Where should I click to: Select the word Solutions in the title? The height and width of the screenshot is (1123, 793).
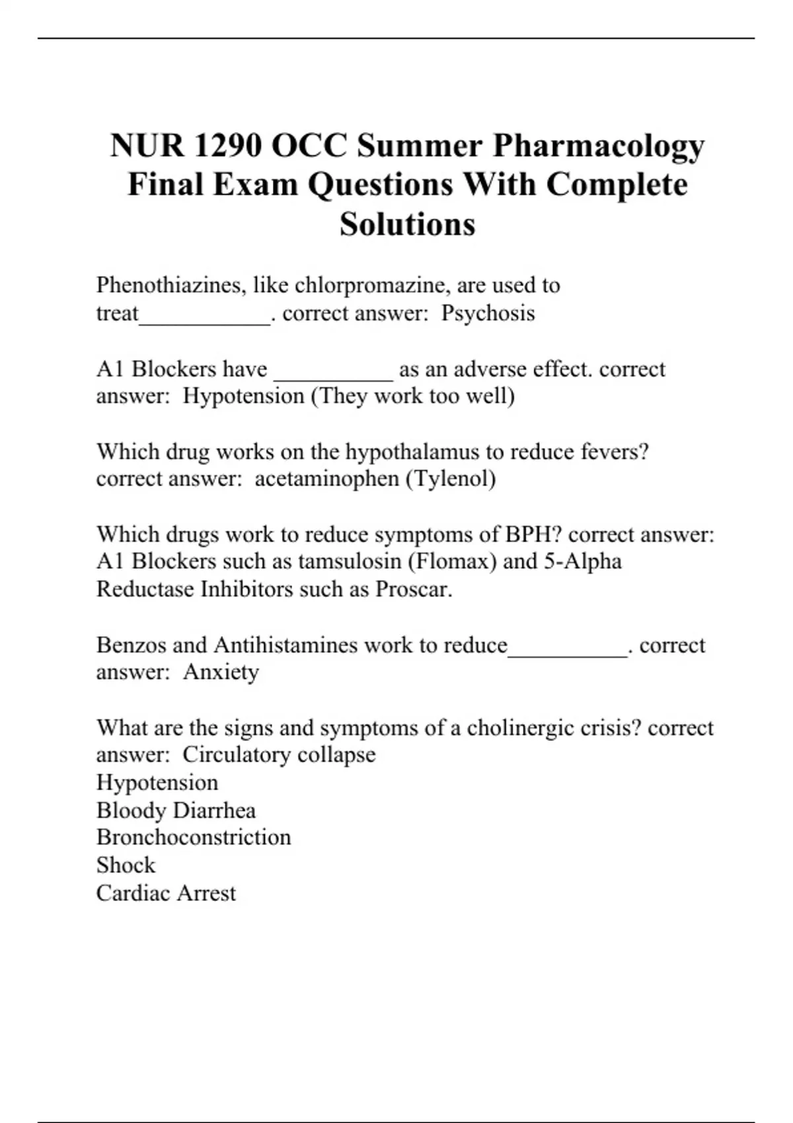[x=407, y=224]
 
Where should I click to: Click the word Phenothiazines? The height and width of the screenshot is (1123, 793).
[x=171, y=285]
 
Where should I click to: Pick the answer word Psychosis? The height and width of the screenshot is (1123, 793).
[x=488, y=313]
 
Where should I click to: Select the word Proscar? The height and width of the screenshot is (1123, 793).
[x=412, y=589]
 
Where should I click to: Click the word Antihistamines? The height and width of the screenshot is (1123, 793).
[x=286, y=645]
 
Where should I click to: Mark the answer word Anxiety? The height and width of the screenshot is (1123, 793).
[x=221, y=672]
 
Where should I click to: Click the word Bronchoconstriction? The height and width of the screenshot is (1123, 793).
[x=194, y=837]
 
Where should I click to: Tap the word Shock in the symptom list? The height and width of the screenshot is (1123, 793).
[x=126, y=865]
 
